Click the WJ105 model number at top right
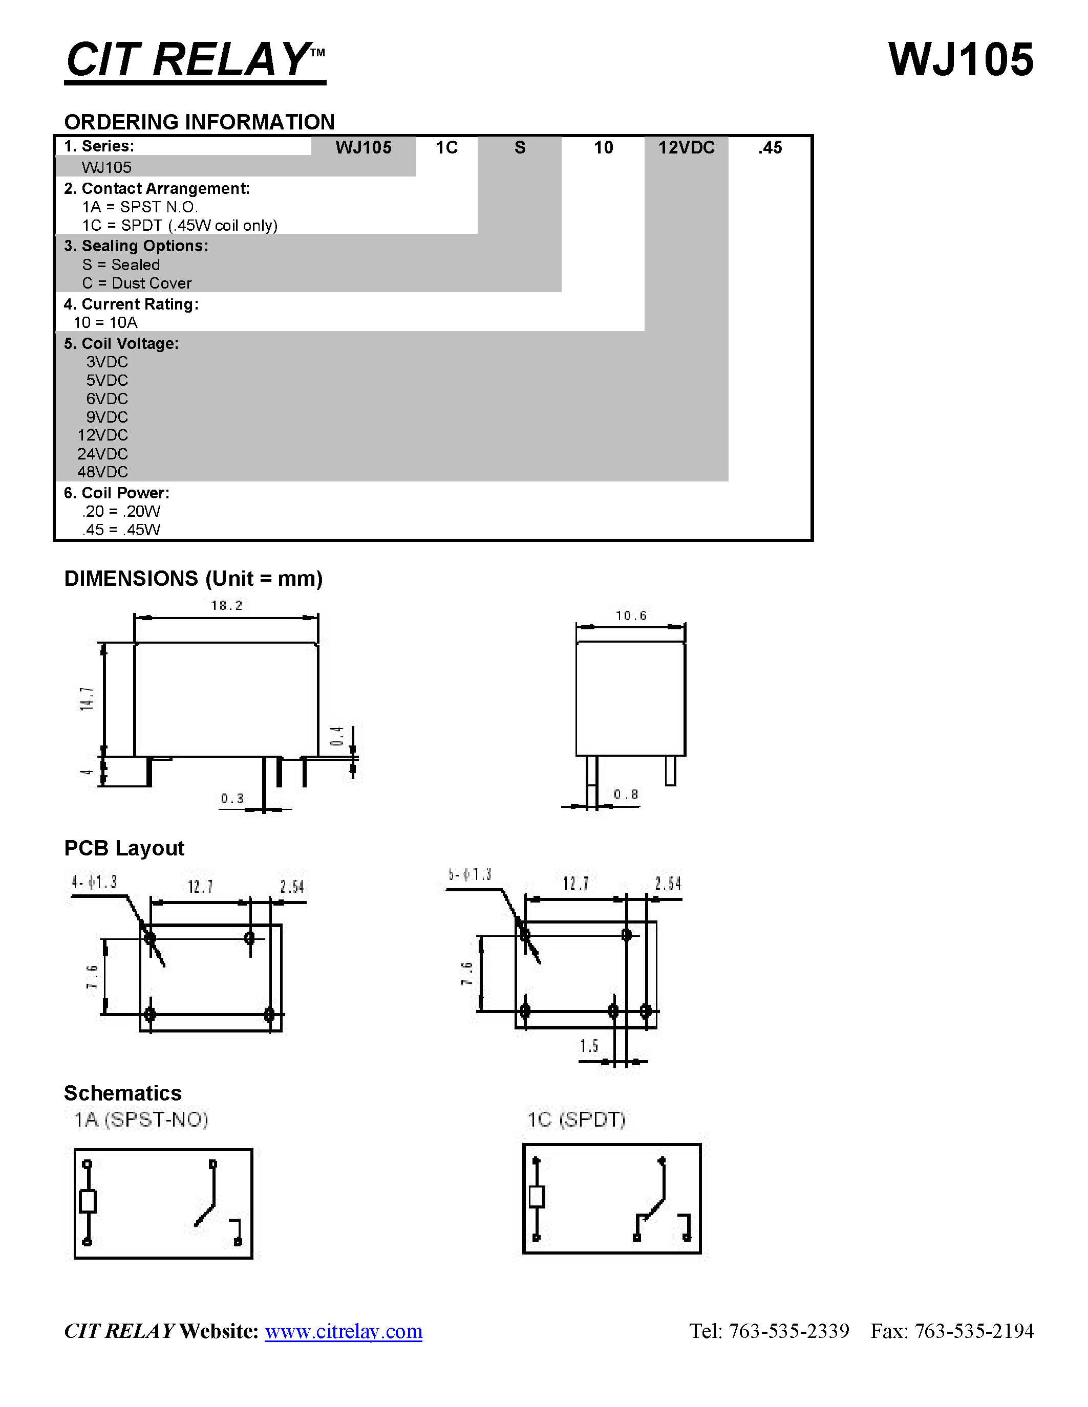(961, 60)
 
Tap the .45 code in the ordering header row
(770, 147)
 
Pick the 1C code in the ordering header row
(446, 147)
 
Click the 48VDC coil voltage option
(102, 472)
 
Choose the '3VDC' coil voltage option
(107, 362)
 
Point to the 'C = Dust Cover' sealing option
(137, 283)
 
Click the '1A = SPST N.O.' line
(140, 207)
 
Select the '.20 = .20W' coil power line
(121, 512)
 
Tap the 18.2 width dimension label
(227, 605)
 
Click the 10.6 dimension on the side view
(631, 616)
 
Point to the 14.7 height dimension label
(87, 699)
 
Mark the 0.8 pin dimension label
(626, 795)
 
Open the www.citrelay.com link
(344, 1331)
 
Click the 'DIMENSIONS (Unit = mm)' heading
(194, 579)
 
